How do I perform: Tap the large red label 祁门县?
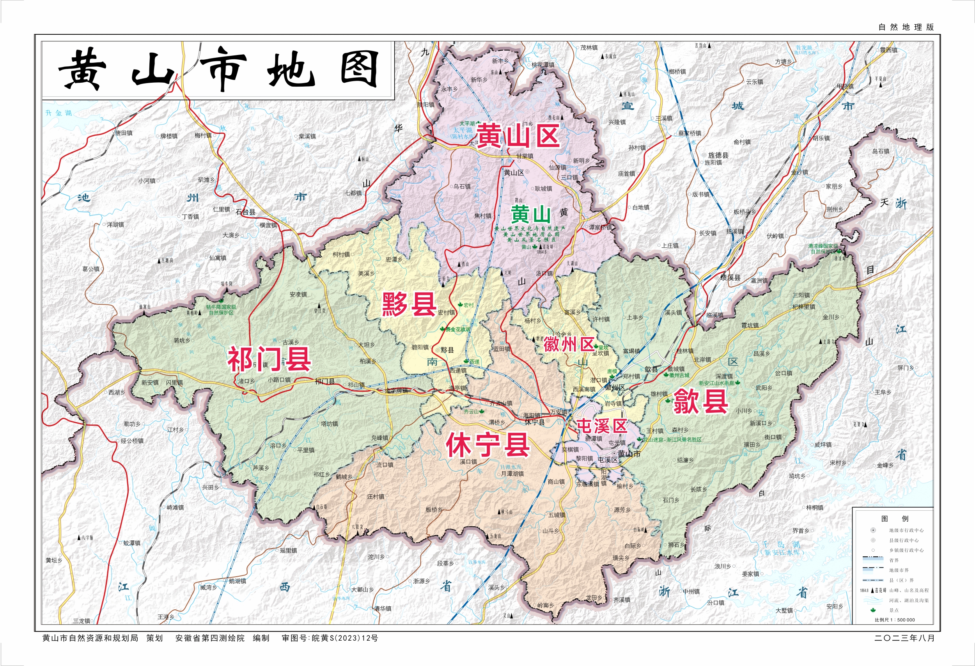pos(269,359)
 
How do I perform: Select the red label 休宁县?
pos(488,445)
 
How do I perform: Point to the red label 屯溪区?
pos(602,426)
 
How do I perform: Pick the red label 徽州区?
pos(569,345)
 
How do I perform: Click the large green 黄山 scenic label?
pos(531,215)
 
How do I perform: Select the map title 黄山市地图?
pos(218,70)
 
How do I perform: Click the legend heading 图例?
pos(894,519)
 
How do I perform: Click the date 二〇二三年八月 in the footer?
pos(904,638)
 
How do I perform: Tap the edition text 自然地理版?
pos(906,27)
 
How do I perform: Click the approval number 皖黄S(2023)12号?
pos(344,638)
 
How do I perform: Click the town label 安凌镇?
pos(298,295)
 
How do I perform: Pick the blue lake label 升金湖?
pos(59,113)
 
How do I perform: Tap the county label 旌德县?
pos(718,155)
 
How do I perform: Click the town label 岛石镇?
pos(881,151)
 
